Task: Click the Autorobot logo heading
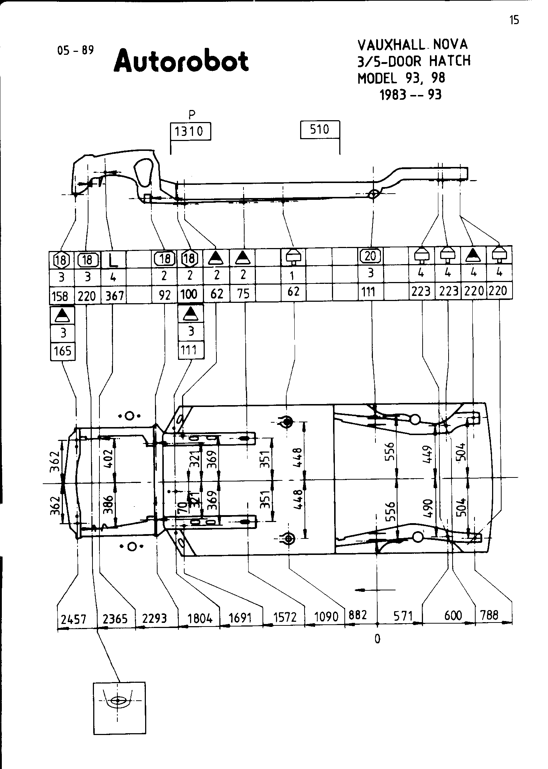181,61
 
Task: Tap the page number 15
514,20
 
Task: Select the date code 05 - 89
76,50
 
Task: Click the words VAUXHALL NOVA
412,45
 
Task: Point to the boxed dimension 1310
190,131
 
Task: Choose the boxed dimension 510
320,129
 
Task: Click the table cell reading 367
114,296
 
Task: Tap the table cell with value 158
61,296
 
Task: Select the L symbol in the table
114,260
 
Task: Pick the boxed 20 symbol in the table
370,256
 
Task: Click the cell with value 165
63,351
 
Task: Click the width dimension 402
109,456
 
